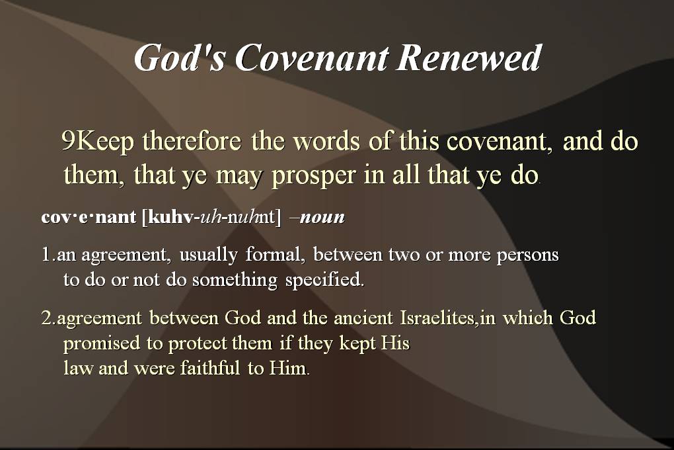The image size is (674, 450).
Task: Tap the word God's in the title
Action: click(x=180, y=58)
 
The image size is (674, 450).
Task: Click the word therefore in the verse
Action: click(x=192, y=141)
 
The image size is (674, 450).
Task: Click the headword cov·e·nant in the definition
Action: click(x=89, y=216)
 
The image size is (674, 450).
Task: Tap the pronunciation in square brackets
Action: click(x=211, y=216)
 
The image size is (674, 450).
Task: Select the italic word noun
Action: click(x=322, y=217)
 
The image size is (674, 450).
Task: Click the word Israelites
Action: click(x=439, y=318)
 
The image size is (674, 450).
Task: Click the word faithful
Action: click(x=209, y=369)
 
